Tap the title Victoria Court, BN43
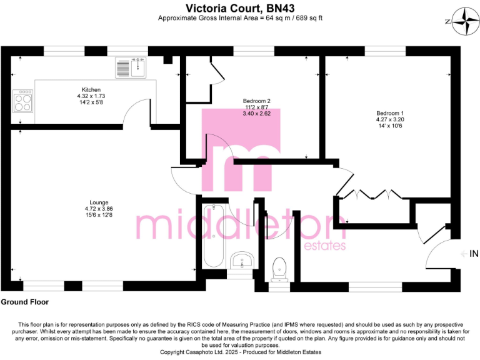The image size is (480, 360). coord(240,7)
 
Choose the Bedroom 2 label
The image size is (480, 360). coord(256,107)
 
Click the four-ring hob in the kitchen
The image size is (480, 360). coord(23,101)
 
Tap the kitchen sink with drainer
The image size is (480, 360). coord(130,66)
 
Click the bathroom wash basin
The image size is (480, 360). coord(240,259)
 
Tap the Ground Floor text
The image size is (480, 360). coord(25,302)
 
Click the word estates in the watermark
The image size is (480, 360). coord(324,246)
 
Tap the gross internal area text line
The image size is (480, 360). coord(240,18)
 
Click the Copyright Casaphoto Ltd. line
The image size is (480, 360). coord(240,352)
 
